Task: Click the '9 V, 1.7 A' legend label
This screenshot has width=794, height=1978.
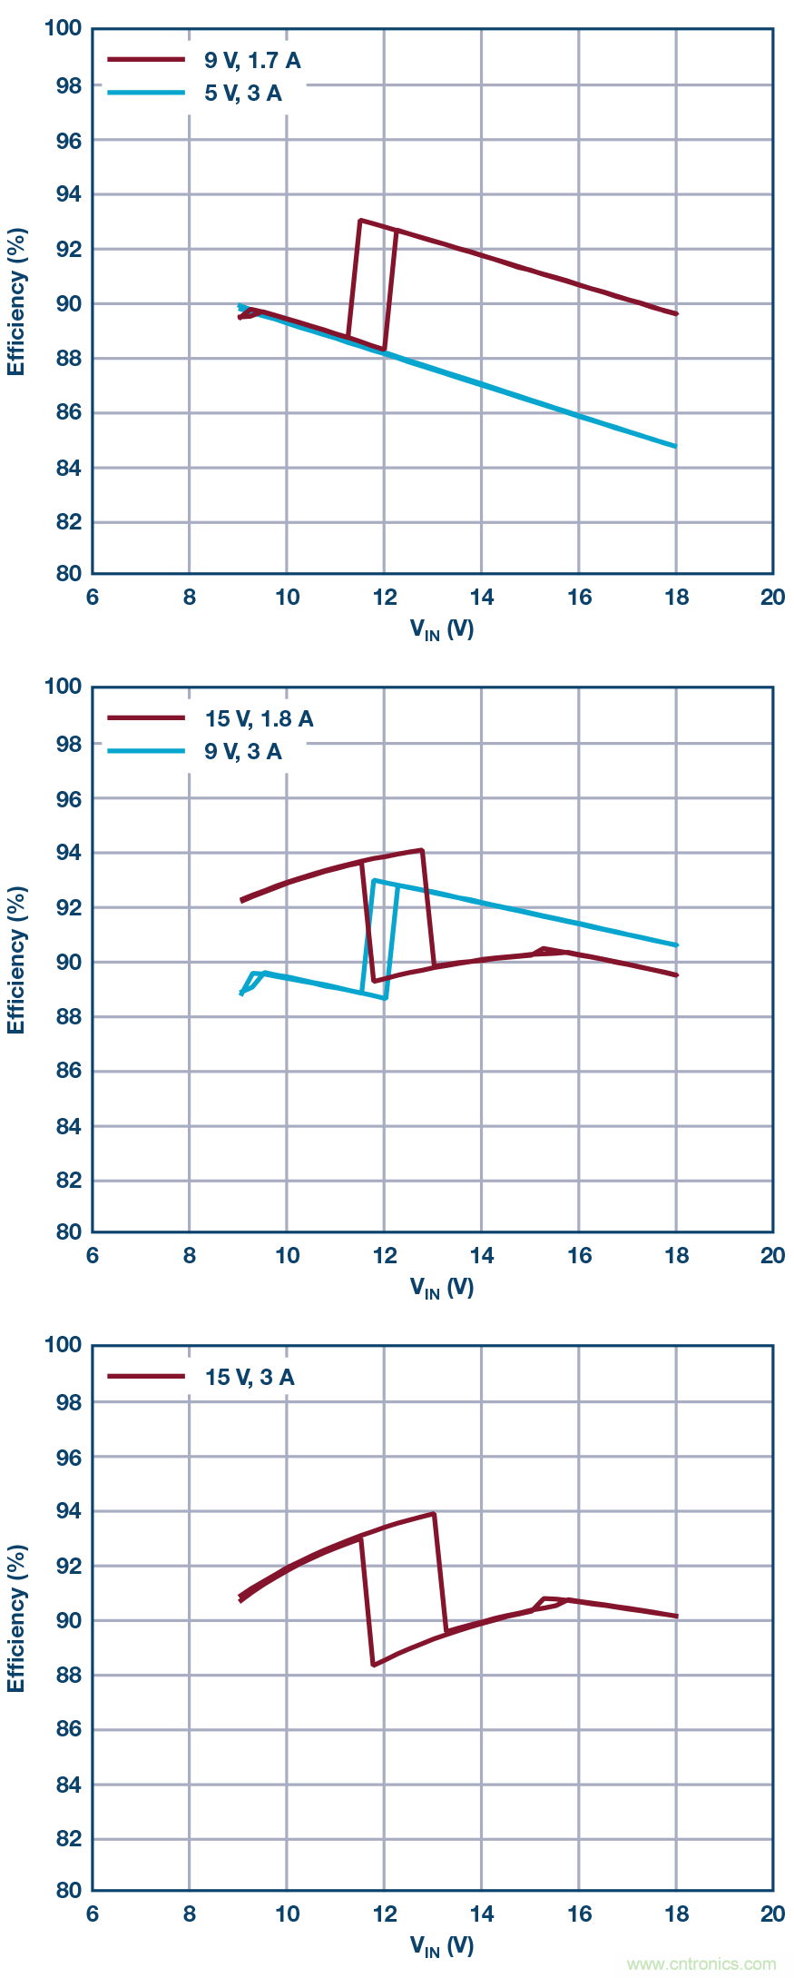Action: [251, 61]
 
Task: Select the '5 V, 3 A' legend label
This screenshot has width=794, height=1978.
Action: [242, 94]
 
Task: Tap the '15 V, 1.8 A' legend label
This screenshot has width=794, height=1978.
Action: [259, 719]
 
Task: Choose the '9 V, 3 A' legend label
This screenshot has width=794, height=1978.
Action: [242, 752]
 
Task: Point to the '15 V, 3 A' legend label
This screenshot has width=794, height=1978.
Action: [250, 1378]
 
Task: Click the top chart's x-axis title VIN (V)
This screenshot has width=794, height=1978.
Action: [442, 629]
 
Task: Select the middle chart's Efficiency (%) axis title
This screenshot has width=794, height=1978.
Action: [16, 960]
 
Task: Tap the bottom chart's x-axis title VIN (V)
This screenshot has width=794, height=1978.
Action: [442, 1946]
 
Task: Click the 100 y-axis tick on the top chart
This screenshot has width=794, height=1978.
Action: [64, 28]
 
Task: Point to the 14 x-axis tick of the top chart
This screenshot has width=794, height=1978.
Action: [482, 598]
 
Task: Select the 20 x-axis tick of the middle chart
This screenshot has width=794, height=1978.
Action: [772, 1256]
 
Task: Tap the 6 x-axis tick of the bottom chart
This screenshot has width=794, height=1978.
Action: [93, 1914]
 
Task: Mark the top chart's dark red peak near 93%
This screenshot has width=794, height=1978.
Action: [360, 220]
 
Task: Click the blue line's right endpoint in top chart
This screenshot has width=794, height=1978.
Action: [676, 446]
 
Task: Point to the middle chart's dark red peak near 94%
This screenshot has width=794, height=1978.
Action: [422, 850]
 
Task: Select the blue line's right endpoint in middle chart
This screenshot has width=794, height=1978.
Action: [676, 945]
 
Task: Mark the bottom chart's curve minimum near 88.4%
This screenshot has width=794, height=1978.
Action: [374, 1665]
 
